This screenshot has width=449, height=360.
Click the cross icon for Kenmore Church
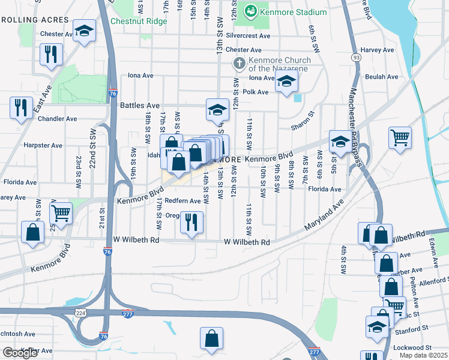click(239, 62)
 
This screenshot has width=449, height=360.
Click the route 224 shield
click(80, 313)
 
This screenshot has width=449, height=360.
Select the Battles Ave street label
click(140, 104)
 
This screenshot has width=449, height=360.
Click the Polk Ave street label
click(256, 92)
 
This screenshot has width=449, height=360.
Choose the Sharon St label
click(303, 121)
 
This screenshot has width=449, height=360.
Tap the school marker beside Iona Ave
click(287, 82)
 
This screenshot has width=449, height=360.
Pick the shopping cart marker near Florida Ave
click(61, 212)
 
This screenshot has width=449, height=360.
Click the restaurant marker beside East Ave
click(21, 107)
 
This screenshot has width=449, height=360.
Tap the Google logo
click(20, 352)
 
